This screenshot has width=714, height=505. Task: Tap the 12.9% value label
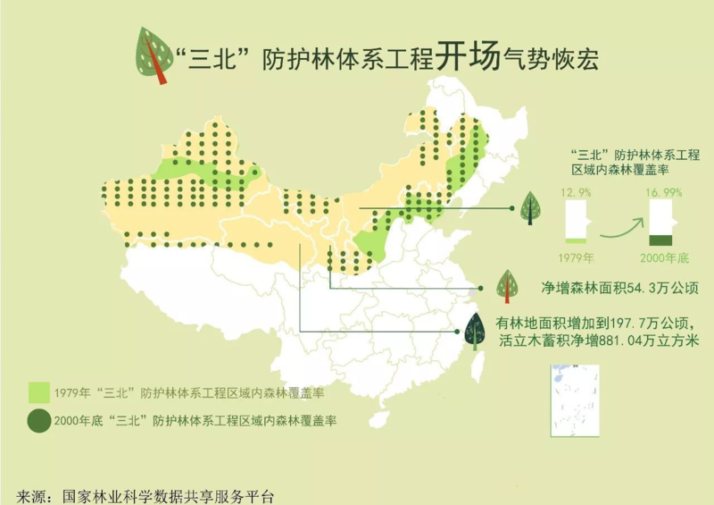coord(573,192)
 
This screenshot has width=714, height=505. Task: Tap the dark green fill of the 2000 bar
coord(661,239)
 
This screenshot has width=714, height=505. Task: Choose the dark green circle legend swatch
coord(38,419)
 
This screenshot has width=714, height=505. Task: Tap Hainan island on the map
coord(379,417)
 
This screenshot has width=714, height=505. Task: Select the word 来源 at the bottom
coord(31,495)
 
